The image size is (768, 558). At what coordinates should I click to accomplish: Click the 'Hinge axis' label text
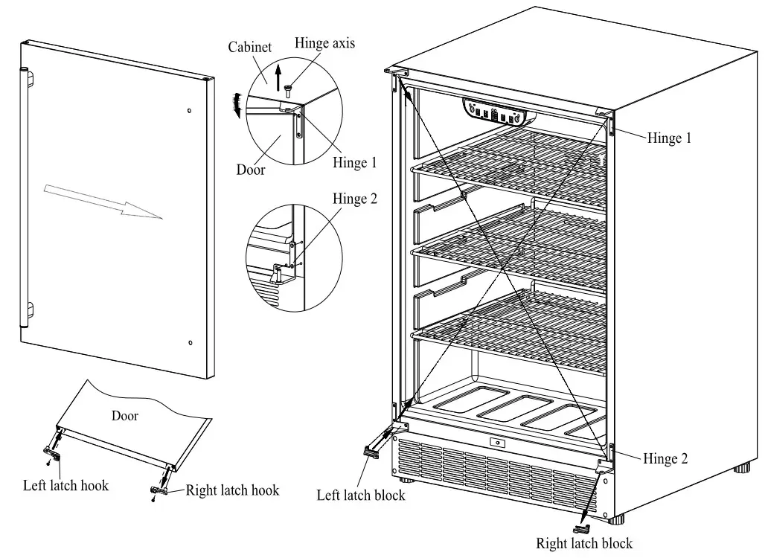(x=324, y=43)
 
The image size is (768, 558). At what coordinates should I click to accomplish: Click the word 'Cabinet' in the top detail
(x=250, y=48)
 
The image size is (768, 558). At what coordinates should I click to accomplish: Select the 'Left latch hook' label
(x=65, y=486)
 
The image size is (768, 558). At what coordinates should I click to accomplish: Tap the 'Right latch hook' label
(x=232, y=490)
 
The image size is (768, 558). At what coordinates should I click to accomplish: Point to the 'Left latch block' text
(x=361, y=495)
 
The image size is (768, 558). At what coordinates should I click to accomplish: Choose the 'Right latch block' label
(x=584, y=544)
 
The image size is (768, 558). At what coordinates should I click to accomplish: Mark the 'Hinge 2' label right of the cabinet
(x=670, y=459)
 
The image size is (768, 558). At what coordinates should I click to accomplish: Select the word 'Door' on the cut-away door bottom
(x=125, y=416)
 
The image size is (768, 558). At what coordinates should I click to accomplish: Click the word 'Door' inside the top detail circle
(x=251, y=169)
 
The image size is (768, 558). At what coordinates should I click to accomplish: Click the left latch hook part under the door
(x=53, y=452)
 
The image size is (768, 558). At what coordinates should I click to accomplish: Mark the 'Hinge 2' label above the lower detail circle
(x=355, y=199)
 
